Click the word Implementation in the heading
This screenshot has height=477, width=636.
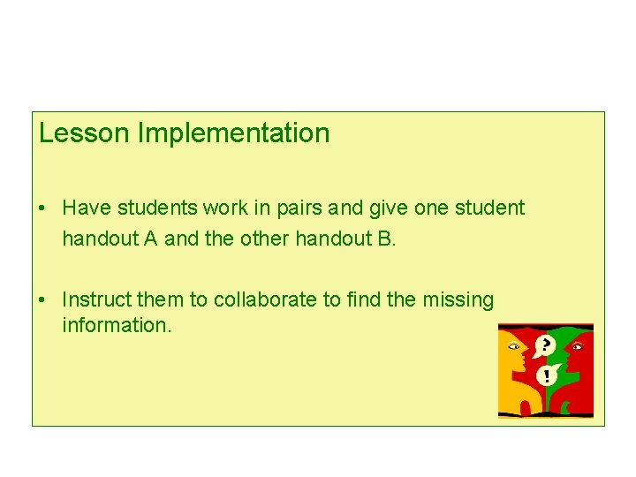click(x=233, y=133)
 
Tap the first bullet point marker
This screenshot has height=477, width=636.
click(x=42, y=208)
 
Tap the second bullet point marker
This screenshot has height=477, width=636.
click(x=42, y=300)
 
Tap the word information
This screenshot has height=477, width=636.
click(x=115, y=325)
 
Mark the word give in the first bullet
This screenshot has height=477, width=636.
click(x=386, y=208)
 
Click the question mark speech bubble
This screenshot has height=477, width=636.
click(x=547, y=344)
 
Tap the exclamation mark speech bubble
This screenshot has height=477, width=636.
click(x=547, y=375)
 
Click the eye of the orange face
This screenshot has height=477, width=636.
click(x=512, y=346)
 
